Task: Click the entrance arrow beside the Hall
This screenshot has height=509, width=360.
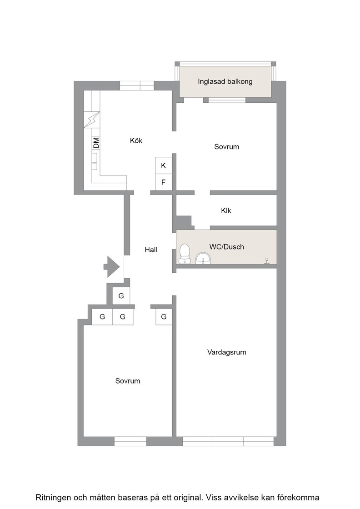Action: (112, 266)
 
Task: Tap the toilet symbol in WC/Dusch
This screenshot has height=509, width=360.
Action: (185, 254)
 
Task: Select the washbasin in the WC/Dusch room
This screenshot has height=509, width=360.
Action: (203, 259)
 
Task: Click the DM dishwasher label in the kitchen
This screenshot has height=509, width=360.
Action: (96, 143)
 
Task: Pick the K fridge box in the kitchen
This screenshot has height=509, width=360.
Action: (164, 165)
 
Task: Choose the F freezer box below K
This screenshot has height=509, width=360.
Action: (164, 182)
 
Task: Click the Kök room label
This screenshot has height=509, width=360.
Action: (136, 140)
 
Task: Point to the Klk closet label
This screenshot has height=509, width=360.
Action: (226, 211)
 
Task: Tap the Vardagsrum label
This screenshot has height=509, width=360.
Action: (226, 352)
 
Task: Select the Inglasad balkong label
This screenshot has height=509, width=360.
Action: (225, 81)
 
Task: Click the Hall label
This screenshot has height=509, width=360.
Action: (151, 250)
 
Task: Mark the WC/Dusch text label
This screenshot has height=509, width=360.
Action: (226, 247)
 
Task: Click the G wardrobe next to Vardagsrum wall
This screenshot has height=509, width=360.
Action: (164, 316)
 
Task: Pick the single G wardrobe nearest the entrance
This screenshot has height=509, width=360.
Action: (121, 296)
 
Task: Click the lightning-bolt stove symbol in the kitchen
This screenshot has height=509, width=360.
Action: (92, 120)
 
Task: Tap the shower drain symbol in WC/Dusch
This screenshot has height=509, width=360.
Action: (267, 261)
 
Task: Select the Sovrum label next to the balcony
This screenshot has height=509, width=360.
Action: (226, 147)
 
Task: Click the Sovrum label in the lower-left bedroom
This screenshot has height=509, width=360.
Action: (128, 381)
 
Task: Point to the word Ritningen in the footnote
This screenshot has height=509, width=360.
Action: (53, 498)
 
